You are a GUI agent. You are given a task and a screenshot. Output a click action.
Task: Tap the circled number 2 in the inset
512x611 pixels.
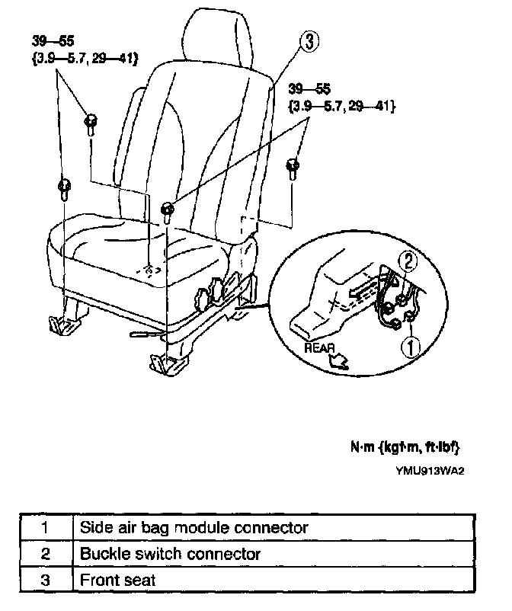[409, 263]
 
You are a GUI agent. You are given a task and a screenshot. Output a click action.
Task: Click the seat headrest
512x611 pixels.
[215, 34]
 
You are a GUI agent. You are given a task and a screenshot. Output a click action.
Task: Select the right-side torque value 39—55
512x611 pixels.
[306, 88]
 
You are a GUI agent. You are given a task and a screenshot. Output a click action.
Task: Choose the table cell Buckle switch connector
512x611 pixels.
[171, 553]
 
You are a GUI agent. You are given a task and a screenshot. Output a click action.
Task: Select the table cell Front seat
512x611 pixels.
[118, 580]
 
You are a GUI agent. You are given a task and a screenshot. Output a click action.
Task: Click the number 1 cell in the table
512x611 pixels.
[45, 526]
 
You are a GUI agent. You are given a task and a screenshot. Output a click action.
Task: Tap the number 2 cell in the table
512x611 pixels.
[45, 553]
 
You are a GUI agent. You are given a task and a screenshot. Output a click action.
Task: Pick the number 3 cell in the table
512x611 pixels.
[45, 580]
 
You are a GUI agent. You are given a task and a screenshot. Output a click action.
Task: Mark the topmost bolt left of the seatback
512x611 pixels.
[89, 121]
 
